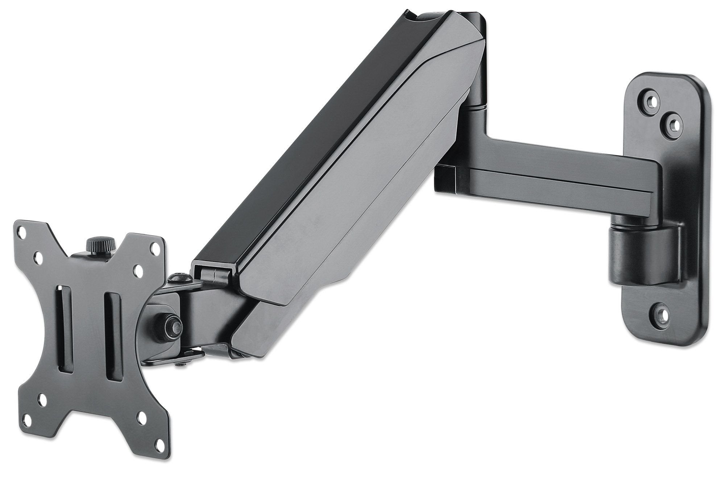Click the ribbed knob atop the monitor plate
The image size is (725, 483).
coord(96,242)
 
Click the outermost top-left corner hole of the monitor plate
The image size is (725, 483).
coord(24,233)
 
